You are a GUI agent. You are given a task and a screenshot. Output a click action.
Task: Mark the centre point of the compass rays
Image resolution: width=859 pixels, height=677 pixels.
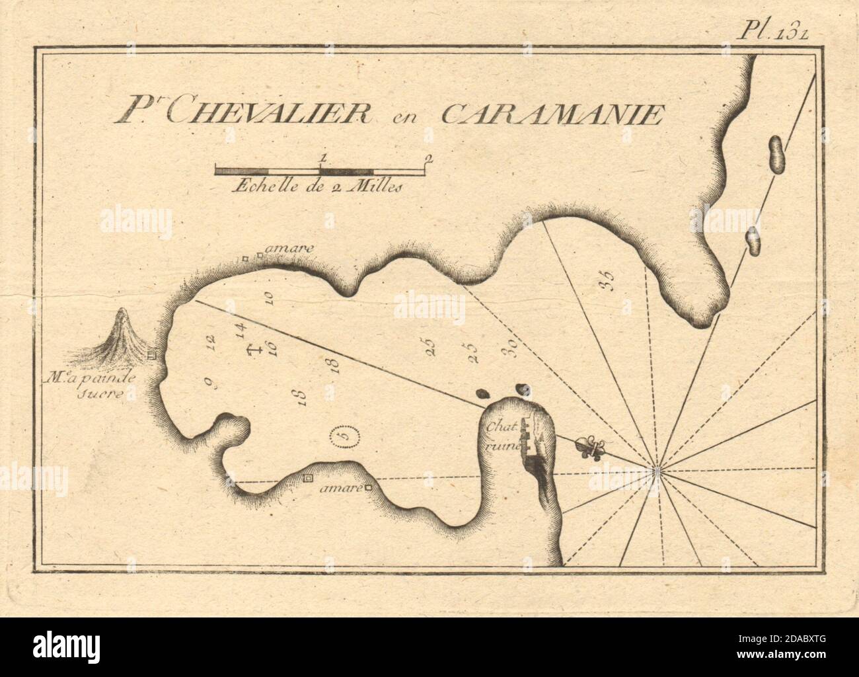click(x=656, y=470)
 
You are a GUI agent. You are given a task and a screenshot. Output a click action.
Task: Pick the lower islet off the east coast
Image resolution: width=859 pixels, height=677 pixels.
click(x=753, y=241)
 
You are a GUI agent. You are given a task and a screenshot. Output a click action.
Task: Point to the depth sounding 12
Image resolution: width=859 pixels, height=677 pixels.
click(x=211, y=342)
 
